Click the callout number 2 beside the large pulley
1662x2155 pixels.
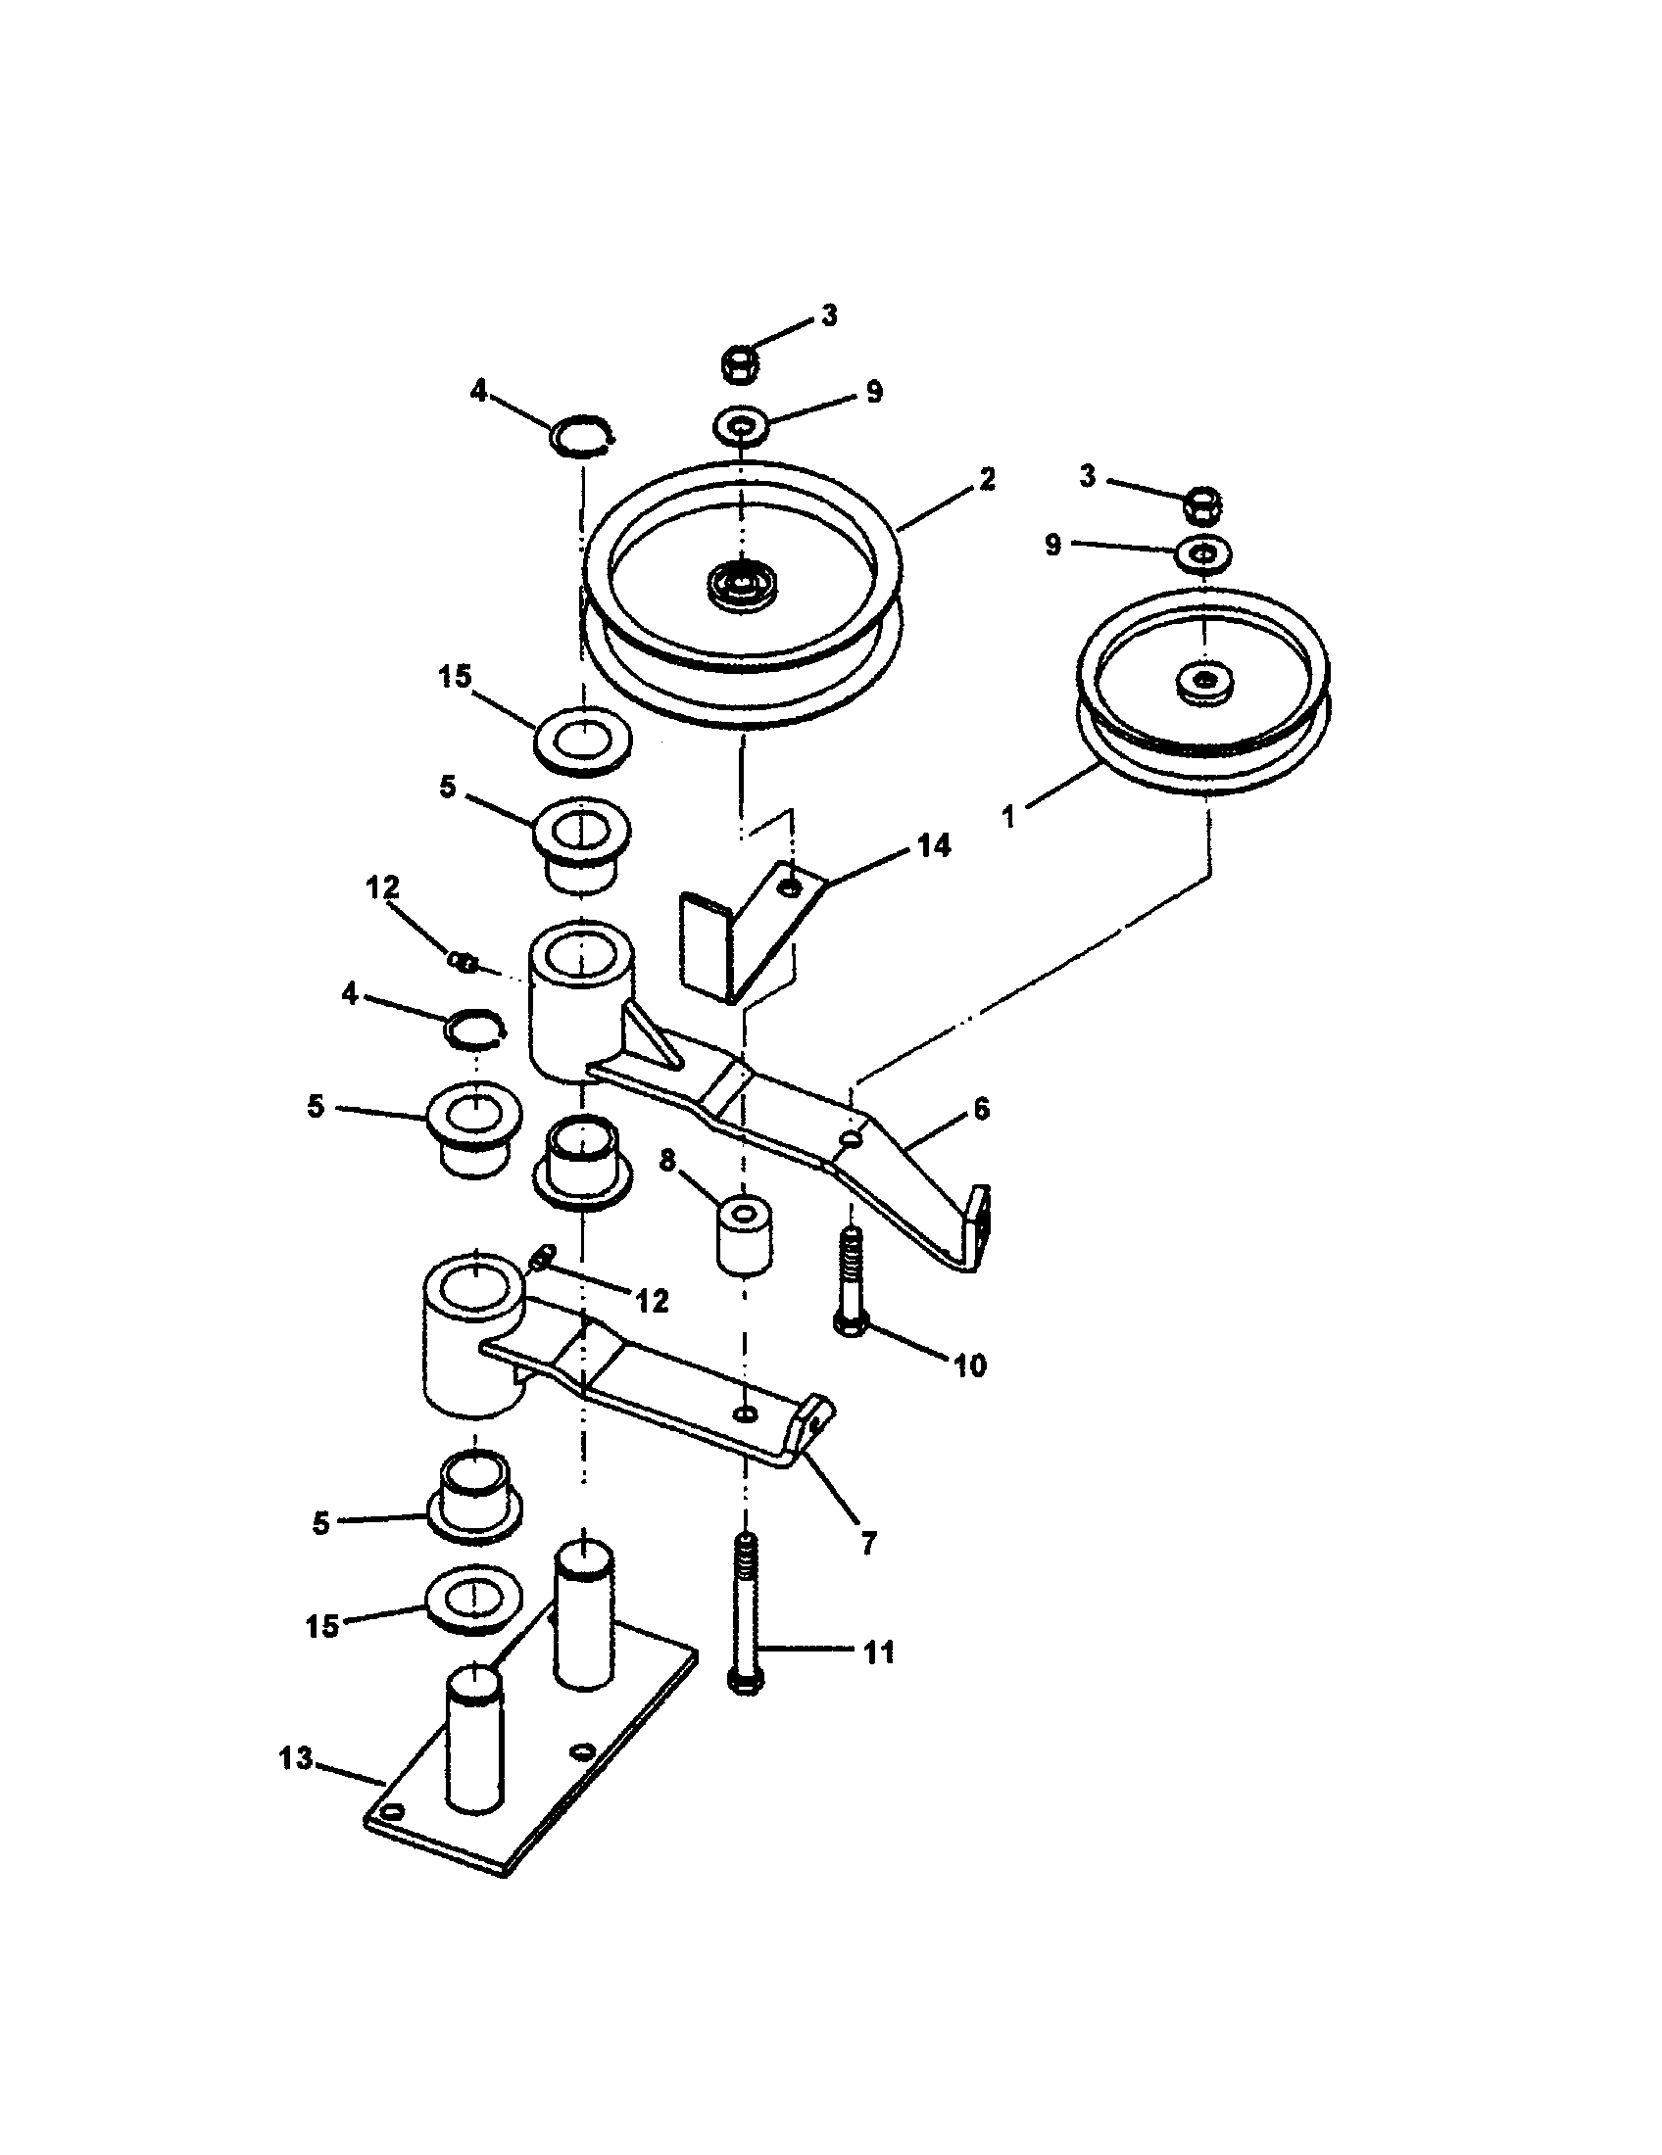click(986, 479)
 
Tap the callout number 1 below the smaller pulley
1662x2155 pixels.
click(1008, 817)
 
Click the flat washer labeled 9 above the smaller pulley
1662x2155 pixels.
click(1203, 553)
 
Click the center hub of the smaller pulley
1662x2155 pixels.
click(1205, 681)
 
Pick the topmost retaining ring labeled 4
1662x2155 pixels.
click(583, 435)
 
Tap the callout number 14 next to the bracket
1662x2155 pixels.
click(933, 845)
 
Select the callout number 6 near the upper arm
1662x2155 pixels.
click(980, 1109)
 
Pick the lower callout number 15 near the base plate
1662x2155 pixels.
click(322, 1625)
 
